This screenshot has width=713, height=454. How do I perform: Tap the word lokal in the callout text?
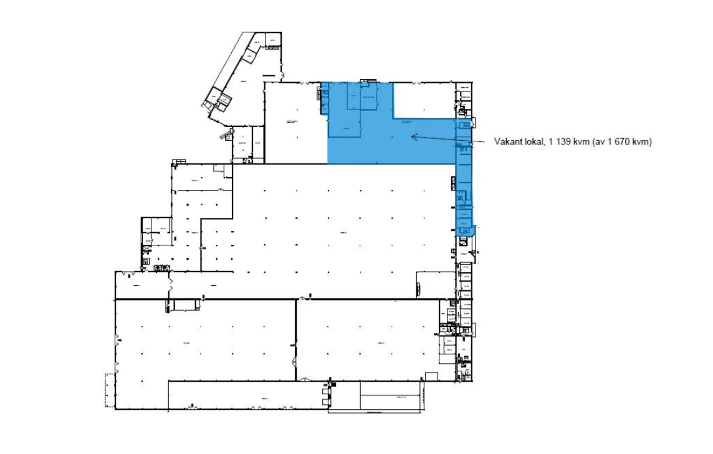point(535,142)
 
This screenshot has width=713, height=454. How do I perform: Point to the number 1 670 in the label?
point(619,142)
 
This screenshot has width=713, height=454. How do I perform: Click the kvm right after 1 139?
point(583,142)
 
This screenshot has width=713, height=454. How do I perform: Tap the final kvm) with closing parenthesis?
point(643,142)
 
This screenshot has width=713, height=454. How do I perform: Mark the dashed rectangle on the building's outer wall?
point(110,390)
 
